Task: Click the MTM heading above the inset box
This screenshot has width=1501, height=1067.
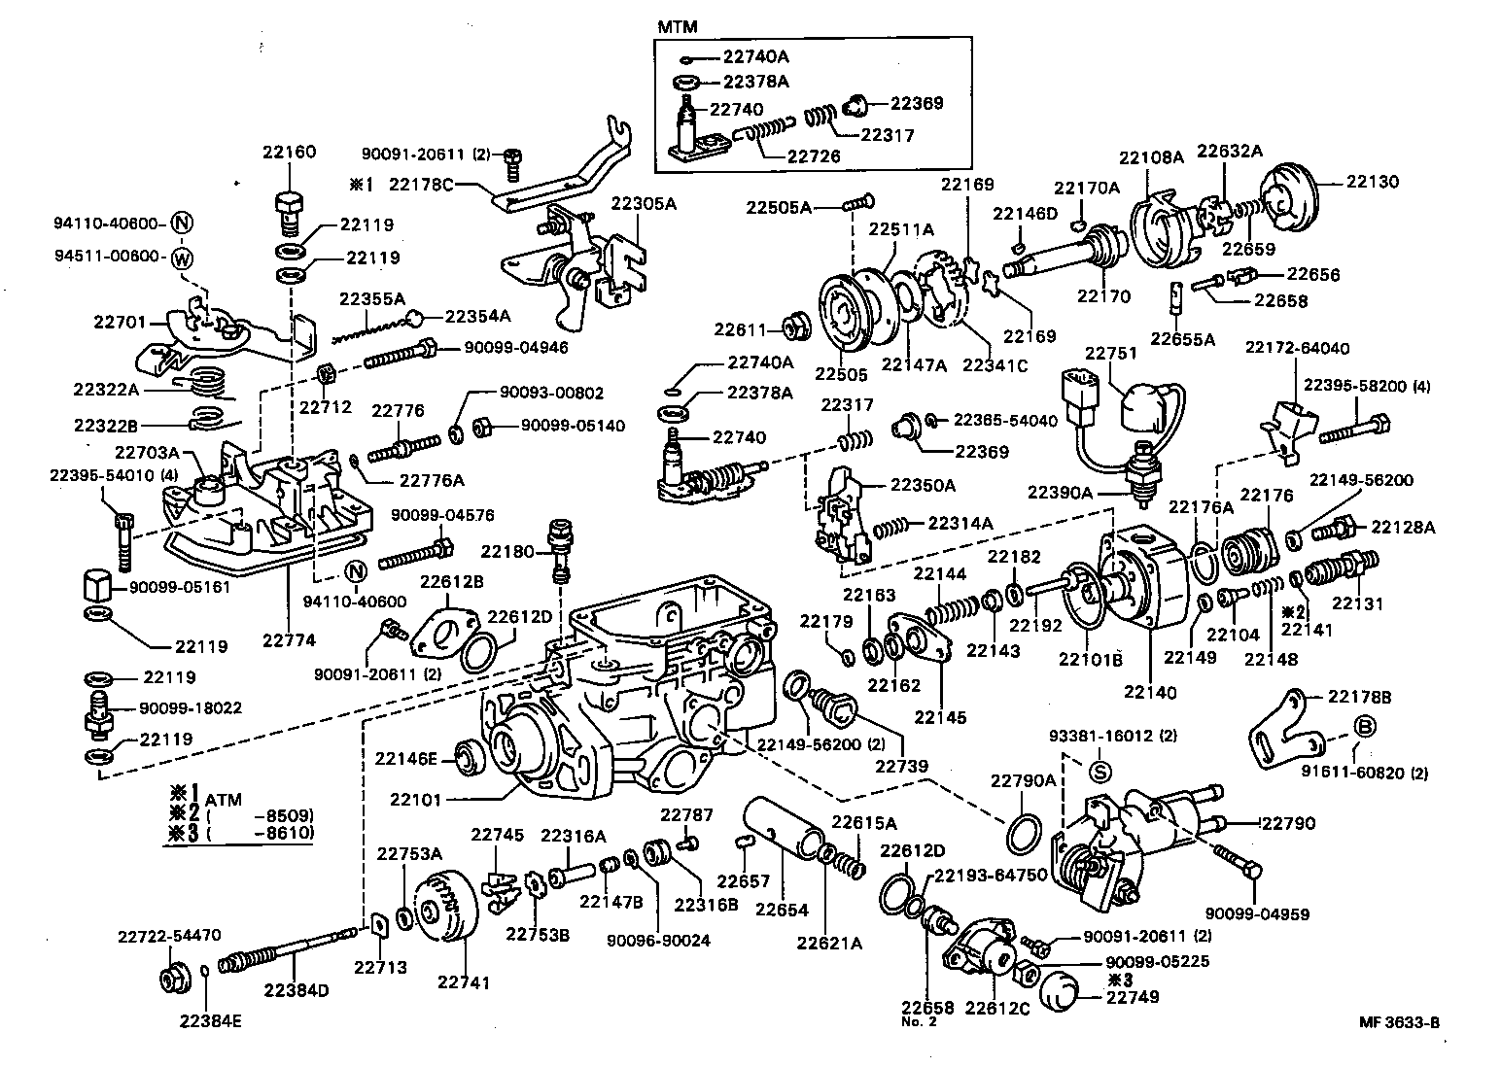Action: [x=679, y=27]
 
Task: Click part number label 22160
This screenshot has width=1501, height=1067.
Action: [x=289, y=152]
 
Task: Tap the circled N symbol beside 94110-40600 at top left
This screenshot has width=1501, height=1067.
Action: [x=182, y=224]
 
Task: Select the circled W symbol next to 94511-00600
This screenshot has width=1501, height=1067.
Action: [x=182, y=258]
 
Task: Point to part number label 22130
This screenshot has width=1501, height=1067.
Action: [x=1372, y=182]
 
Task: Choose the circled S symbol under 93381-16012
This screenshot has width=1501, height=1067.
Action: [x=1100, y=774]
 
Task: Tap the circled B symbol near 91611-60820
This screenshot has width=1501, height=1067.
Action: [x=1364, y=727]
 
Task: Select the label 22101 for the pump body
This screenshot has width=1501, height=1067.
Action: [x=416, y=801]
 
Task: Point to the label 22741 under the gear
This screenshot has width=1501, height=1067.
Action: [x=464, y=981]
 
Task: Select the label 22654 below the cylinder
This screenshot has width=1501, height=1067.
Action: [x=783, y=911]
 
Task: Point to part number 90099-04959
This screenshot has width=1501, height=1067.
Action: [x=1256, y=913]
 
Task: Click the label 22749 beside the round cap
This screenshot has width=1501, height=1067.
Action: [x=1134, y=996]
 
